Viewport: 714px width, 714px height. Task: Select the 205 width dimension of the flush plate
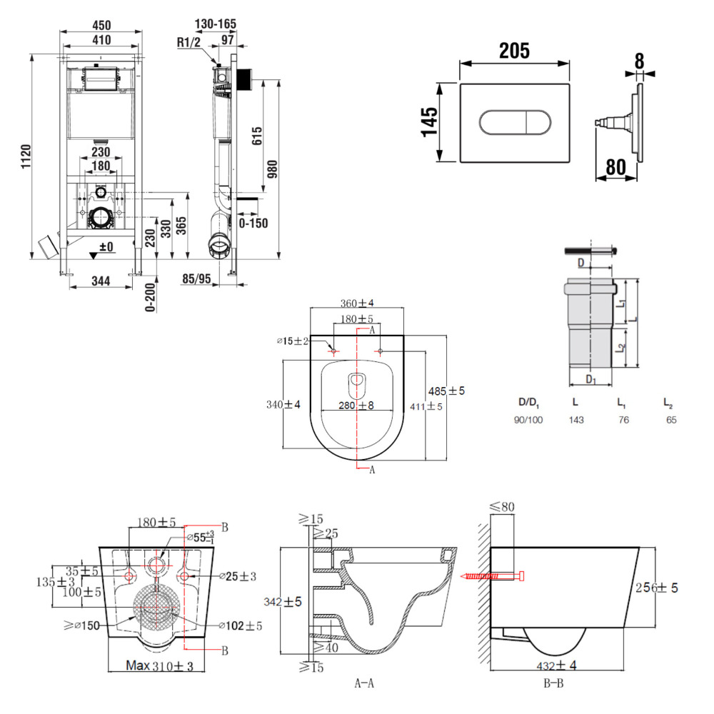point(514,51)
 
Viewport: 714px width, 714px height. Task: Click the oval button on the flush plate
point(513,122)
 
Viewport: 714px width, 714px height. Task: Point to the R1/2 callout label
point(189,41)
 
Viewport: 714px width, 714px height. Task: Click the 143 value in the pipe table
point(576,420)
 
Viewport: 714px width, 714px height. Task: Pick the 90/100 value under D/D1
point(528,420)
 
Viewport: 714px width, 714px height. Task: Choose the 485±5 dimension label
point(446,391)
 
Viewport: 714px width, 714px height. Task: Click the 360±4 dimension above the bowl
point(356,303)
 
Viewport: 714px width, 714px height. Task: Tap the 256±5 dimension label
point(655,588)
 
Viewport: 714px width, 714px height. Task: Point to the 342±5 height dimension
point(283,602)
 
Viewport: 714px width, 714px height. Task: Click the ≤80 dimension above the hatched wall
point(503,507)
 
